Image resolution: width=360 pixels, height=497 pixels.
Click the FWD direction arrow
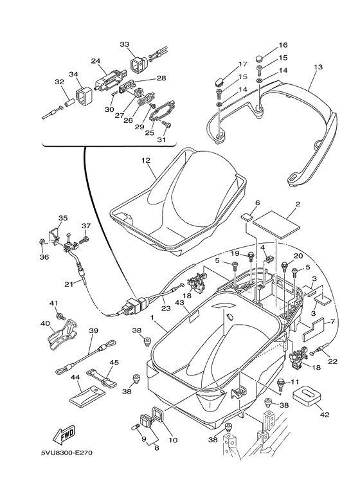click(65, 437)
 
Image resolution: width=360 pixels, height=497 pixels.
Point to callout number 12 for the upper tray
click(145, 160)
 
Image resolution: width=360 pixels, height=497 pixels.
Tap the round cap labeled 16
click(260, 60)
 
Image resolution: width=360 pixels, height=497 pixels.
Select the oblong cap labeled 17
click(218, 81)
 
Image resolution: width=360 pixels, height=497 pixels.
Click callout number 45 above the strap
click(114, 362)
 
